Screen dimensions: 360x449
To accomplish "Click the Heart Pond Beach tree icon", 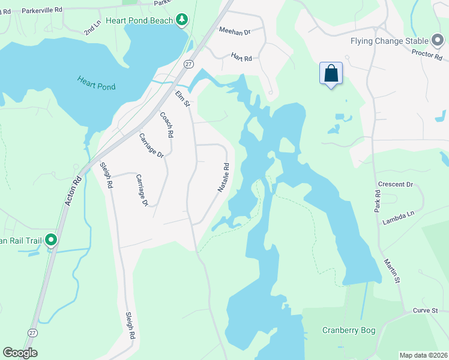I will (x=181, y=20).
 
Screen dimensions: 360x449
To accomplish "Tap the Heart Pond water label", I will (x=96, y=82).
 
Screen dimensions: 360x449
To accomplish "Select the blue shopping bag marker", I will (x=331, y=74).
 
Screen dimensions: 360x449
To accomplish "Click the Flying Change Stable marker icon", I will (x=438, y=41).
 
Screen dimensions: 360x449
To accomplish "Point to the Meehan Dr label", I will (x=234, y=30).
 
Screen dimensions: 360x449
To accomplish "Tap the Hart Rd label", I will (x=241, y=56).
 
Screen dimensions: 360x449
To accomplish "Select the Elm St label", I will (x=182, y=99).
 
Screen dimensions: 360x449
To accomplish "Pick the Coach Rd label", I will (x=166, y=125).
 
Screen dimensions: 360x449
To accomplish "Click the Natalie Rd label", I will (x=223, y=178).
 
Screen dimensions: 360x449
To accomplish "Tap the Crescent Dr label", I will (x=396, y=184).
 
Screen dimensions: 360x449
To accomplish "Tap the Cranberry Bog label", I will (x=349, y=329).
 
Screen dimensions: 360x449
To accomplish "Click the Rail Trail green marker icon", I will (x=51, y=241).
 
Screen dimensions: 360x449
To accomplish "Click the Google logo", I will (x=20, y=353).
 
